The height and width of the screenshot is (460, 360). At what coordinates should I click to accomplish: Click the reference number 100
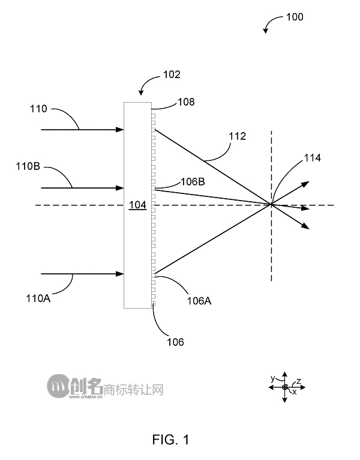295,17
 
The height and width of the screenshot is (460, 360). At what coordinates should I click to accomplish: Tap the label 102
172,75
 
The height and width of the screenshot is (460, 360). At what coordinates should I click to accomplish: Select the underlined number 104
137,205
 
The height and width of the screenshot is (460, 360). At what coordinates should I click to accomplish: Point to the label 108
186,102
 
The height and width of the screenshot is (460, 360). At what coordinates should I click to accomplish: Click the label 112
238,137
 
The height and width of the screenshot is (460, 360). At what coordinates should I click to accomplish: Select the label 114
312,158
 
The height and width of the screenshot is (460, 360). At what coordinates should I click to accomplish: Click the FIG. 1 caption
170,440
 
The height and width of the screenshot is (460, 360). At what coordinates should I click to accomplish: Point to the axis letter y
272,378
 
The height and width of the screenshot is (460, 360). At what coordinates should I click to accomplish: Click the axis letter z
298,381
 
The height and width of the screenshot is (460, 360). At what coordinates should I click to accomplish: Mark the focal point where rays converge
271,205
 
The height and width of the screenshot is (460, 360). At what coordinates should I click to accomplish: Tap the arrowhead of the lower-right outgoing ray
306,226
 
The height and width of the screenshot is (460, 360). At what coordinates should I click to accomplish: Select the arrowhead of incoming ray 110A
120,274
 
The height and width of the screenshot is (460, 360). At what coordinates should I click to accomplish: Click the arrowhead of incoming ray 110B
120,189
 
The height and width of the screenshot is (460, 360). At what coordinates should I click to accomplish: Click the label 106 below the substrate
175,342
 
